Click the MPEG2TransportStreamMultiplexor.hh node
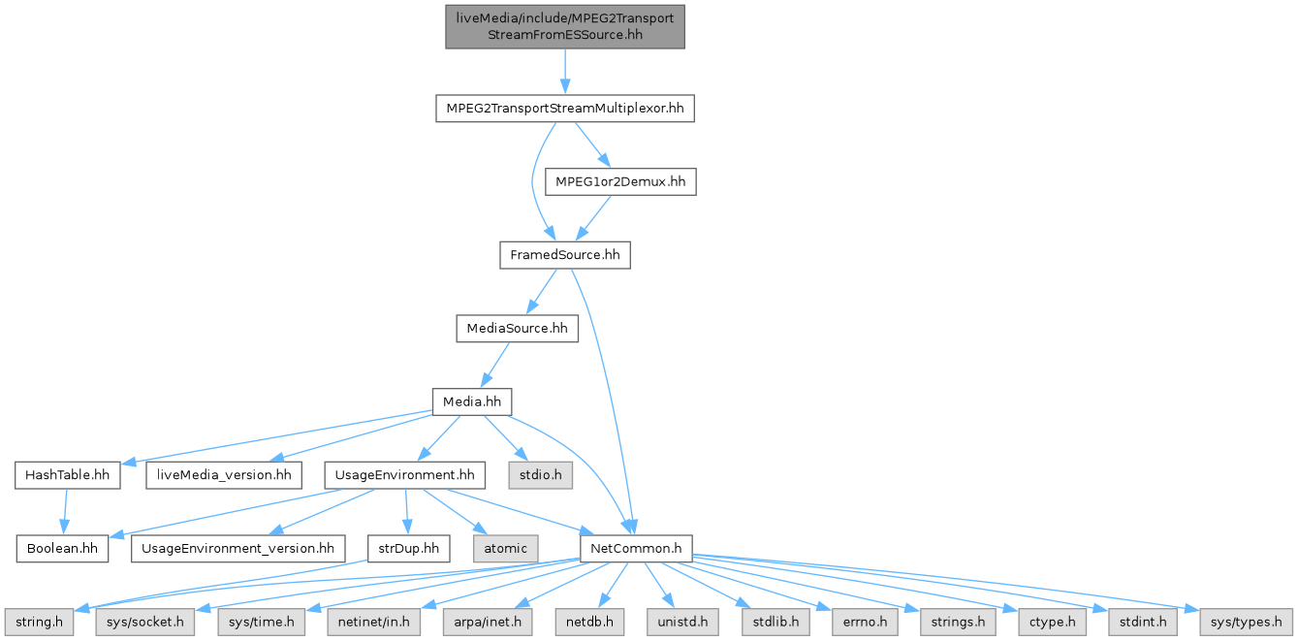point(565,109)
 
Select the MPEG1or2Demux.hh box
point(620,181)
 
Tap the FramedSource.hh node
point(564,255)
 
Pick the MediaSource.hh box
point(518,329)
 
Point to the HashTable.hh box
point(67,475)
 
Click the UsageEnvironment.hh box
point(404,475)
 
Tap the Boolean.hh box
point(62,548)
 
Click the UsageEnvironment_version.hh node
point(237,548)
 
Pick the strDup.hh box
point(409,548)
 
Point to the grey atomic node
point(506,548)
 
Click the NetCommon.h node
point(635,548)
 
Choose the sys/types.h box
point(1246,621)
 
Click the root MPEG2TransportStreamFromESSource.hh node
point(565,26)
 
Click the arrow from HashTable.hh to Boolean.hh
point(65,511)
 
